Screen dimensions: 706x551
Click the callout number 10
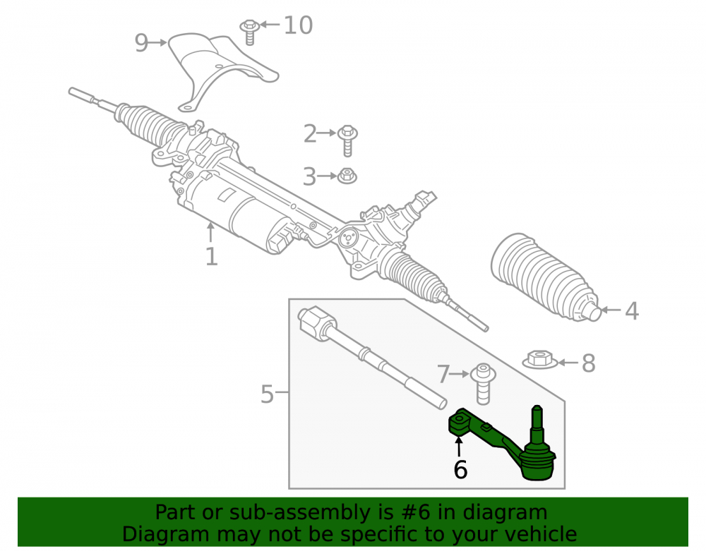[298, 25]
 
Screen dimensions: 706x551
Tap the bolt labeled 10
[249, 32]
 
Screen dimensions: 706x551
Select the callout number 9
[141, 43]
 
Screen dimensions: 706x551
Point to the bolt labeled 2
[347, 140]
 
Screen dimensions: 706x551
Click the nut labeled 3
[347, 176]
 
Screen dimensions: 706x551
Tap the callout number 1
[211, 256]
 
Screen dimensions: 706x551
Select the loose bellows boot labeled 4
[546, 277]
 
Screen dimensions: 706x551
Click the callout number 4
[632, 311]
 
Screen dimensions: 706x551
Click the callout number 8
[589, 363]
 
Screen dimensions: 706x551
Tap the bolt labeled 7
[483, 384]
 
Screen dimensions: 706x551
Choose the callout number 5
[267, 394]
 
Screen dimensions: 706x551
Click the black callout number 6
[460, 470]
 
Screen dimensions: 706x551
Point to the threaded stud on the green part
[537, 424]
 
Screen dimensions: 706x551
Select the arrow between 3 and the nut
[327, 176]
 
